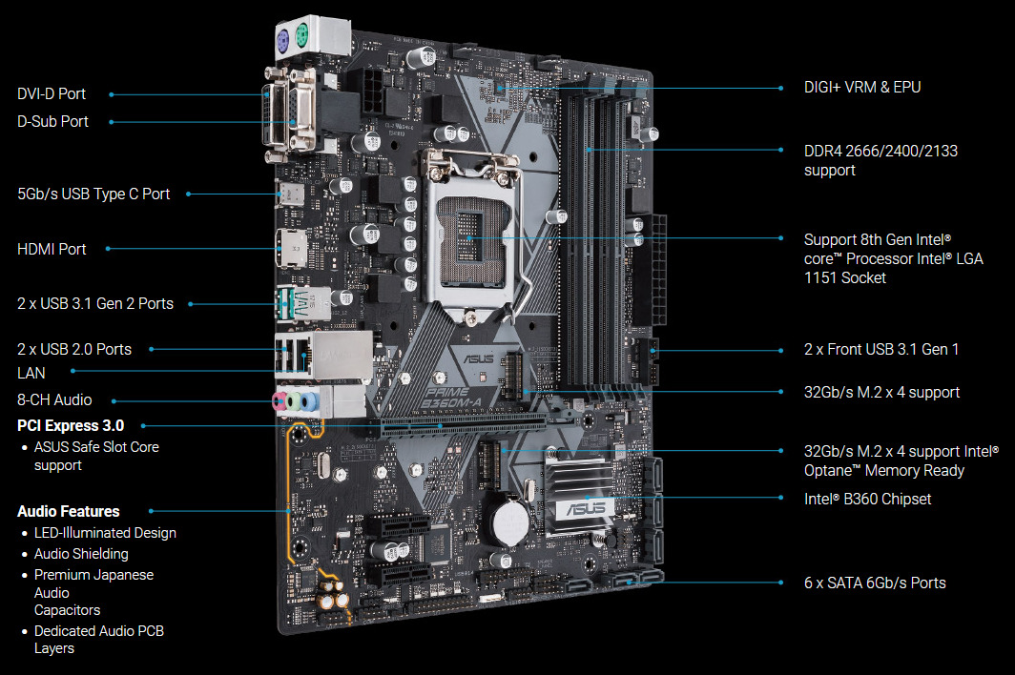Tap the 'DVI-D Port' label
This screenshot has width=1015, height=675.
click(52, 93)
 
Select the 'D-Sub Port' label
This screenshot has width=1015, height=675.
click(52, 122)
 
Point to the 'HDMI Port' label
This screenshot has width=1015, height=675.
click(52, 249)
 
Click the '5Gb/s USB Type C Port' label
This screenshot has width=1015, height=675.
click(93, 194)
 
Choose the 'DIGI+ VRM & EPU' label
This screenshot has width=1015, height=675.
click(862, 88)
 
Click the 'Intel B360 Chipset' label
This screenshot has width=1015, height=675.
click(867, 499)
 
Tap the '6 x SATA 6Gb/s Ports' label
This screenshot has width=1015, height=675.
click(875, 583)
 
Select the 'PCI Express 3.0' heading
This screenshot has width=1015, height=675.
click(71, 426)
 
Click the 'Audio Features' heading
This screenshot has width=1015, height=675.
click(69, 511)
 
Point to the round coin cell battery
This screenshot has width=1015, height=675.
click(509, 521)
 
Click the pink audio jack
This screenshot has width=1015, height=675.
click(280, 402)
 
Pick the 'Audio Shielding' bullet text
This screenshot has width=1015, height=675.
click(81, 554)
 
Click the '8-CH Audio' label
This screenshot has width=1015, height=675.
click(54, 400)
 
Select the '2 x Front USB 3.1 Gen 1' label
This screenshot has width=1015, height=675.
click(881, 350)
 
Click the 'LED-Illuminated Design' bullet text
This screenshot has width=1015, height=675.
click(105, 533)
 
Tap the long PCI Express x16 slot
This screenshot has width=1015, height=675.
click(476, 423)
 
